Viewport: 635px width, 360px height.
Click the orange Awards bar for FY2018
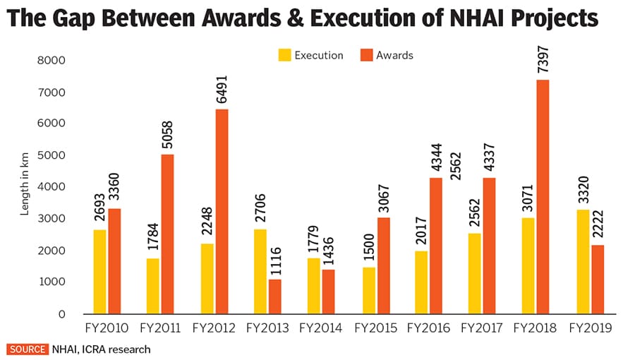[544, 197]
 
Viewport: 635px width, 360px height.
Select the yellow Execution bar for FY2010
[99, 272]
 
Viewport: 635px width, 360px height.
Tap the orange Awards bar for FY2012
[222, 212]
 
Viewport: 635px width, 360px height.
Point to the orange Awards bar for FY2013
[274, 296]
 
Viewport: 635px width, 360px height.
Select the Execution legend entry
[311, 54]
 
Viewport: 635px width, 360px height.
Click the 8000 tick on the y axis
[52, 61]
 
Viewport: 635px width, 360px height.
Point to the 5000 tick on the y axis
[52, 155]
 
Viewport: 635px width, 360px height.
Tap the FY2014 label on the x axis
[322, 328]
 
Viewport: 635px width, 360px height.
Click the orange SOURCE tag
[28, 349]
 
